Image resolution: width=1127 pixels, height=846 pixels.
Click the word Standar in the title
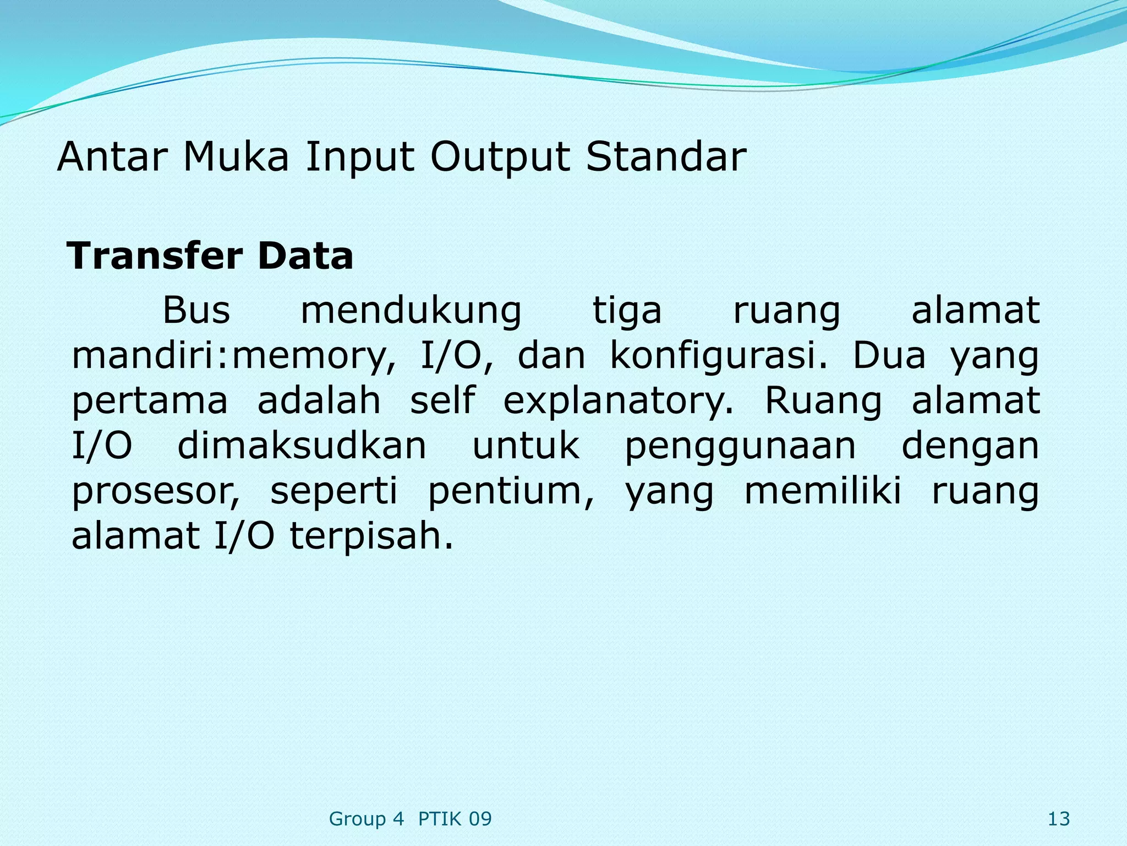[666, 158]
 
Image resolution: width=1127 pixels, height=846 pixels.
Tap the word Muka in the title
[236, 158]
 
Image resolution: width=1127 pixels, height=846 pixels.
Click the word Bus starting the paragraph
[196, 310]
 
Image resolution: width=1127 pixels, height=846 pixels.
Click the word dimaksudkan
[302, 446]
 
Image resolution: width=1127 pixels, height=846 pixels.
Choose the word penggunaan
[740, 447]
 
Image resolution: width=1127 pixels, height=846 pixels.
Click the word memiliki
[823, 491]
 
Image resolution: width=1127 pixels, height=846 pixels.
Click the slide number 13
[1058, 819]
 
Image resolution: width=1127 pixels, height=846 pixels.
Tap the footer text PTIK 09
[455, 819]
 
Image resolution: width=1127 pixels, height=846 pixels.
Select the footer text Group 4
[366, 819]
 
